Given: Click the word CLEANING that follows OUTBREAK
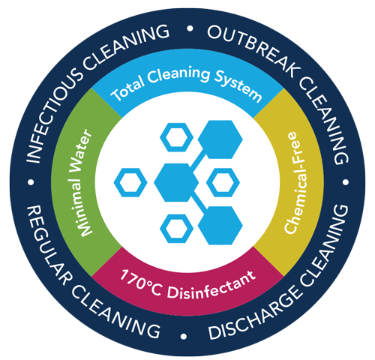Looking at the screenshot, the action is point(324,120).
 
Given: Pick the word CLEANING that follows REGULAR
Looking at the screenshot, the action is point(115,313).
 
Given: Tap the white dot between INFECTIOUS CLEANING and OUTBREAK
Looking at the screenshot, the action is point(190,28).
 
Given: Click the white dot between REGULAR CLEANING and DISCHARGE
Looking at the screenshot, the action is point(184,336).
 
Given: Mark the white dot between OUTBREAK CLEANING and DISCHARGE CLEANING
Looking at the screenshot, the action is point(346,182).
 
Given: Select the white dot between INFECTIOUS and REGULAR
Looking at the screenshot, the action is point(31,182).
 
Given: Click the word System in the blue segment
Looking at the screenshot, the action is point(238,85).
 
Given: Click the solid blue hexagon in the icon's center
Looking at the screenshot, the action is point(176,182).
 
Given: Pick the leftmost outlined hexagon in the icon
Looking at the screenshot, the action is point(130,182).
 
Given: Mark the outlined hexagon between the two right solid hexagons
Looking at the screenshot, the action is point(223,182).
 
